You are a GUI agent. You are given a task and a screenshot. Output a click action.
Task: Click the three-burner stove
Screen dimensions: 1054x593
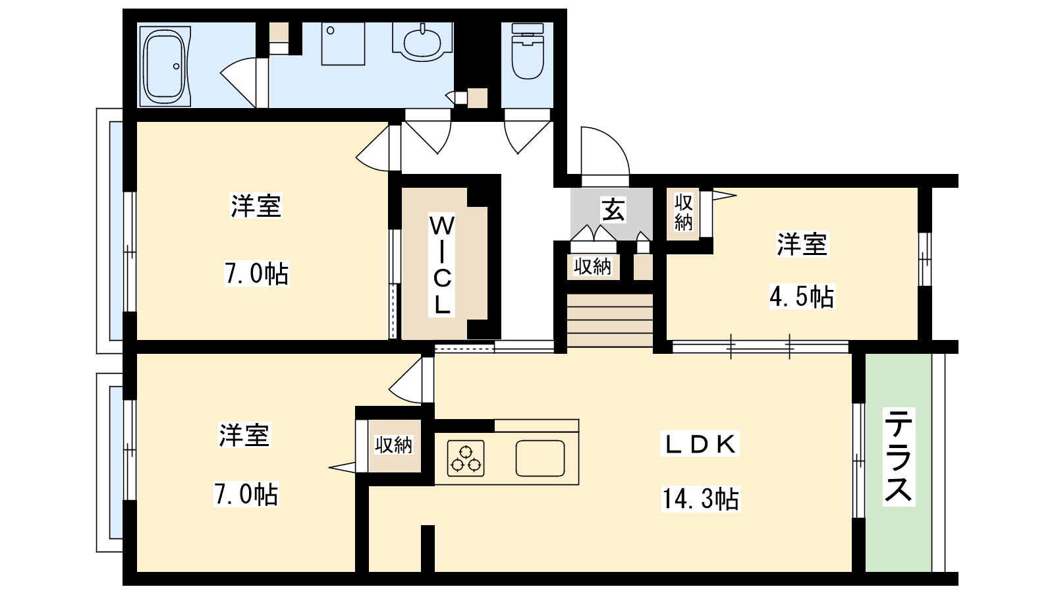pos(466,459)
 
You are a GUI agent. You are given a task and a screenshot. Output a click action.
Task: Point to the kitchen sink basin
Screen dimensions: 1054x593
pos(540,459)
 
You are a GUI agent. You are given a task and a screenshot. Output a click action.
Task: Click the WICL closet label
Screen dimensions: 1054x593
pos(442,264)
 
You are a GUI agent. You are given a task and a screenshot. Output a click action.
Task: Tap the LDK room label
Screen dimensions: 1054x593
pos(700,444)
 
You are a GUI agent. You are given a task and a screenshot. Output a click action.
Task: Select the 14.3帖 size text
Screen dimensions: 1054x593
pos(701,499)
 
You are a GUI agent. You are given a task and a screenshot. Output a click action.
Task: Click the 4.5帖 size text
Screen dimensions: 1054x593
pos(801,296)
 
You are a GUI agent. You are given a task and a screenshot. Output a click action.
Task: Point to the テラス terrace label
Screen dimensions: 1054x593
pos(899,457)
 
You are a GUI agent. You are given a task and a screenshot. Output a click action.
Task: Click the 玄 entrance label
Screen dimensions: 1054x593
pos(613,210)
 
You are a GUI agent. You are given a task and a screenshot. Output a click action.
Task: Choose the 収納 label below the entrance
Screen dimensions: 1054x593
pos(592,267)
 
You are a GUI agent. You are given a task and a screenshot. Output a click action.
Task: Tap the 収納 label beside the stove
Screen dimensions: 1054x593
pos(393,445)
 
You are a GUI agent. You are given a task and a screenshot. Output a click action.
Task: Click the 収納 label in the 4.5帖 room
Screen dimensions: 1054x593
pos(683,213)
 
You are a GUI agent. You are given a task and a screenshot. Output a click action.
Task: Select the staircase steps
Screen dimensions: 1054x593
pos(610,320)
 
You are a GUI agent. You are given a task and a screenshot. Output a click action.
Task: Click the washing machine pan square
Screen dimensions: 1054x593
pos(343,43)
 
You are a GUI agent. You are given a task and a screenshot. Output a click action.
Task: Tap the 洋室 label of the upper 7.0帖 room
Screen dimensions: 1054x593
pos(256,206)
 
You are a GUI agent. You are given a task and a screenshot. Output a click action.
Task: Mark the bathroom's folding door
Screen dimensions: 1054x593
pos(244,83)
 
